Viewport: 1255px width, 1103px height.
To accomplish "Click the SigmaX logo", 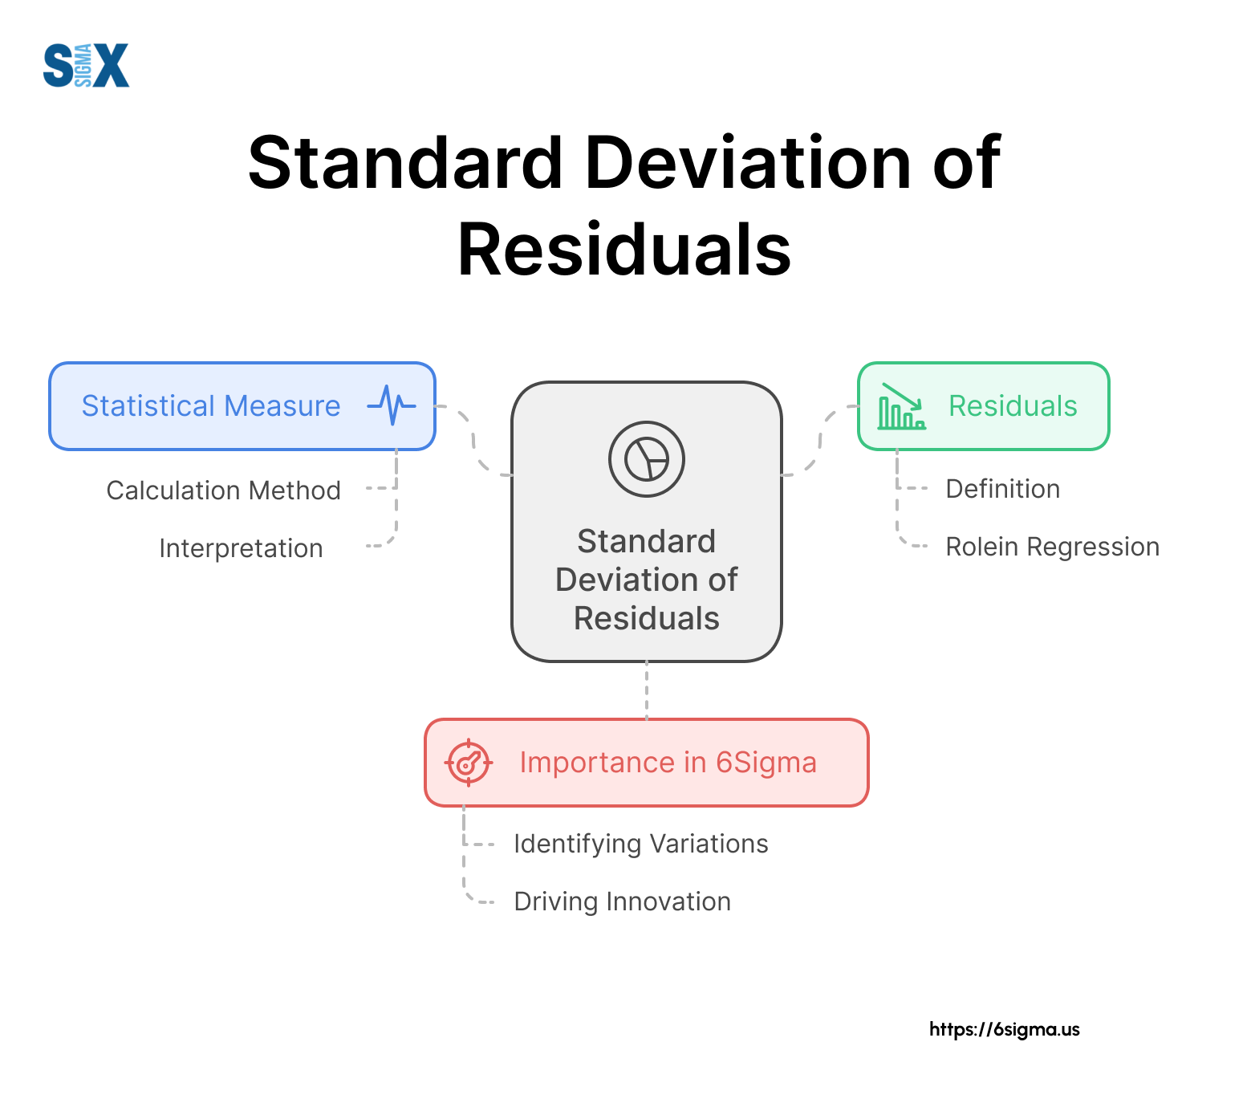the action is [x=86, y=65].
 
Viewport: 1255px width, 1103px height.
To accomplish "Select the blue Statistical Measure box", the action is [x=242, y=406].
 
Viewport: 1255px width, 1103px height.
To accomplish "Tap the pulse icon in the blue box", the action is [x=392, y=405].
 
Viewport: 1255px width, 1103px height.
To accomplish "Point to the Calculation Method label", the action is [x=224, y=490].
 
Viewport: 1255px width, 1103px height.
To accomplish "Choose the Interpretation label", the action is [x=241, y=548].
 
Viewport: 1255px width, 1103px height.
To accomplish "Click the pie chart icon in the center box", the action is [x=647, y=459].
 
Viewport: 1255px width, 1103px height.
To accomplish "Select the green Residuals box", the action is [x=984, y=406].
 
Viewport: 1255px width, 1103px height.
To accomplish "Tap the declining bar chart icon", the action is [x=902, y=406].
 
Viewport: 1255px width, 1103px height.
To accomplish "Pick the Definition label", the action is [x=1003, y=488].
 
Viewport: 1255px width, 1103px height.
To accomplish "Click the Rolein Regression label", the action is [x=1053, y=547].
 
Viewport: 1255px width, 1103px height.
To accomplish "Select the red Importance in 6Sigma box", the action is [x=647, y=763].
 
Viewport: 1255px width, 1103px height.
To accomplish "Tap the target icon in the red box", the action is [x=469, y=763].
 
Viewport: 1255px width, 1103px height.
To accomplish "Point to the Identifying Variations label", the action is [x=641, y=844].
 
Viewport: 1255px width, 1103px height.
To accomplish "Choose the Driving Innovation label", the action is [x=623, y=902].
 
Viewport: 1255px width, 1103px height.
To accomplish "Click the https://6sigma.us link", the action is [x=1005, y=1029].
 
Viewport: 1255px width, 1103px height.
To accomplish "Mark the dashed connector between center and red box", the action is [x=647, y=690].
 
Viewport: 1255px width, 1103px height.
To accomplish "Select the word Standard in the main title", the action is [x=405, y=163].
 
